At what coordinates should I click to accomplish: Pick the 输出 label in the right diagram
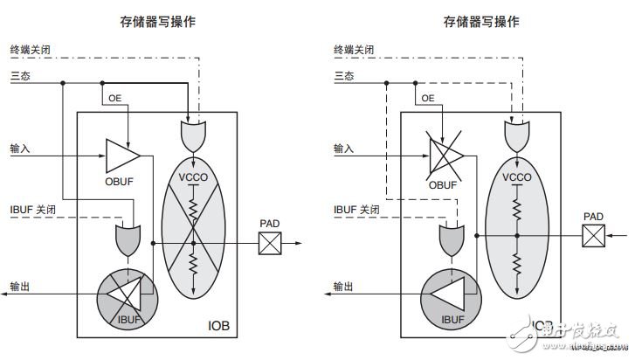pos(344,285)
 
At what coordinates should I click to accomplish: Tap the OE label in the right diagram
pos(428,100)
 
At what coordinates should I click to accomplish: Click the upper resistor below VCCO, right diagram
pos(517,208)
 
